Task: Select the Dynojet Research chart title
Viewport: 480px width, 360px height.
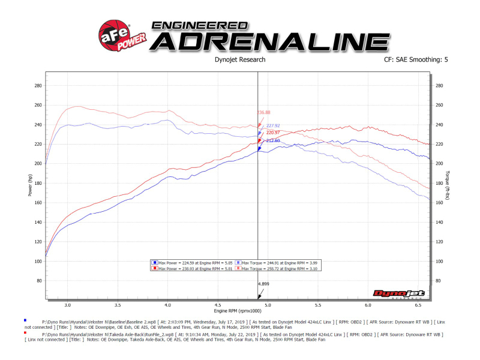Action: coord(239,60)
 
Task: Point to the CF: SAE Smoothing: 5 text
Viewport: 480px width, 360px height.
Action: coord(420,60)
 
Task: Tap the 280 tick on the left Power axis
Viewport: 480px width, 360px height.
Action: coord(38,85)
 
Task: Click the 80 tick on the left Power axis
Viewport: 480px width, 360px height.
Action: coord(40,280)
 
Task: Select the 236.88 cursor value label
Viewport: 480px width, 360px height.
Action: coord(264,112)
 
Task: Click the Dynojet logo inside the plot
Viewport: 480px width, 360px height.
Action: coord(399,293)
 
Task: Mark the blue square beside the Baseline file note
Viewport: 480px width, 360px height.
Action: coord(25,320)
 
